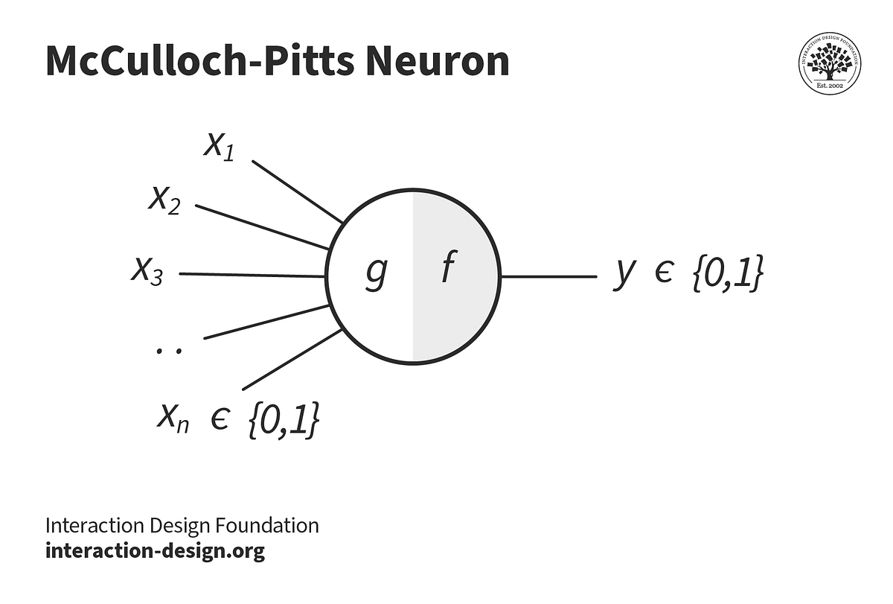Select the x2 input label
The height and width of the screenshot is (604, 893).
tap(164, 200)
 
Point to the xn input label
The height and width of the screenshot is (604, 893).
tap(173, 419)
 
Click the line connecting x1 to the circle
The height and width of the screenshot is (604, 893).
tap(298, 191)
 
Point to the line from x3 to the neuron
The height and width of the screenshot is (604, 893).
tap(253, 275)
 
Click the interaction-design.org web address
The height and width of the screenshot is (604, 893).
tap(155, 551)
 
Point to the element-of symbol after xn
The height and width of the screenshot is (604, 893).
tap(220, 421)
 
